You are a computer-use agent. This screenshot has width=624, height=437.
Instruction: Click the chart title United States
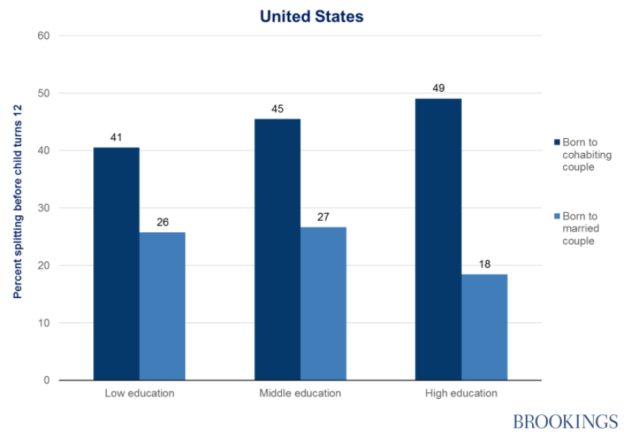click(x=311, y=16)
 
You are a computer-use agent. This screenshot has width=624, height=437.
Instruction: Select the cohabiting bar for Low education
click(x=116, y=264)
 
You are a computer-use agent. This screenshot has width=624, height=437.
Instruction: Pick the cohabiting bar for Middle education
click(x=277, y=250)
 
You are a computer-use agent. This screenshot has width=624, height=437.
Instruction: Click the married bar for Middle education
click(x=323, y=303)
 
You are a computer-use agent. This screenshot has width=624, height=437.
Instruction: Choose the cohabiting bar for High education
click(x=438, y=239)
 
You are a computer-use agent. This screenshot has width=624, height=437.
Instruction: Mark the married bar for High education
click(x=485, y=327)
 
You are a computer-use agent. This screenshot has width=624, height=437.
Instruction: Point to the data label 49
click(x=438, y=89)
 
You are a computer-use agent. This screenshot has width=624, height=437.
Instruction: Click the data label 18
click(x=485, y=264)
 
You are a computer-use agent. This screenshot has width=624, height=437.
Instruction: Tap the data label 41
click(x=116, y=138)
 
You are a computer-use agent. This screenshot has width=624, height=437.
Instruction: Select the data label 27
click(x=323, y=217)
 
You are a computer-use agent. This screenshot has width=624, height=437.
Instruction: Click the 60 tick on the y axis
click(x=43, y=35)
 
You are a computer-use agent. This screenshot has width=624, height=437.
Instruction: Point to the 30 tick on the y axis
click(x=43, y=208)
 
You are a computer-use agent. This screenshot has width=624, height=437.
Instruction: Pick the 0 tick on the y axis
click(x=46, y=380)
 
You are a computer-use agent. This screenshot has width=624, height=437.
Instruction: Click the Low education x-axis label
click(x=139, y=393)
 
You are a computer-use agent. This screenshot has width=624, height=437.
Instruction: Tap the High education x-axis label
click(x=461, y=393)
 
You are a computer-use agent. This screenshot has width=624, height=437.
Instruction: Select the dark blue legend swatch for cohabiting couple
click(x=556, y=141)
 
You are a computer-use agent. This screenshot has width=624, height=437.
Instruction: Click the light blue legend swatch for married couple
click(x=556, y=216)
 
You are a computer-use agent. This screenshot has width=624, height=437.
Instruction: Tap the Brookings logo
click(x=565, y=421)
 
